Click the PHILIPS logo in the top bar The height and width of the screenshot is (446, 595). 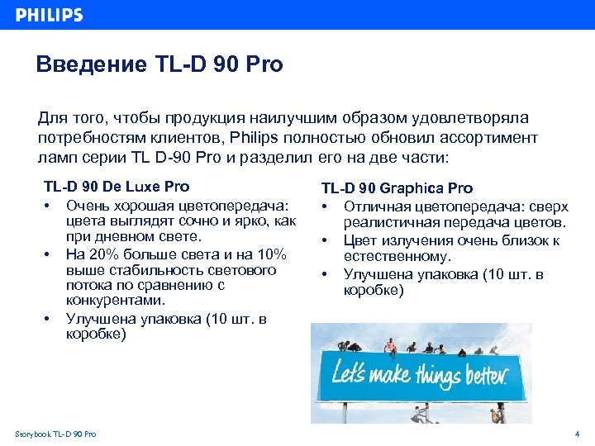(50, 15)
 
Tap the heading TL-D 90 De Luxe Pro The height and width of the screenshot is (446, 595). (116, 187)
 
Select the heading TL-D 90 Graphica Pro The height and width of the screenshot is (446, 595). (397, 188)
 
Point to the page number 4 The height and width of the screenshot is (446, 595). (577, 434)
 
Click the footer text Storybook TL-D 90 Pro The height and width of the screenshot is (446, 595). (55, 434)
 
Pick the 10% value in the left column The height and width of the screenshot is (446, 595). (269, 254)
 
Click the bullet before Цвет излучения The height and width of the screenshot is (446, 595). (326, 240)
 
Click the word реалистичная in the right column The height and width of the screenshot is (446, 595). (393, 223)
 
